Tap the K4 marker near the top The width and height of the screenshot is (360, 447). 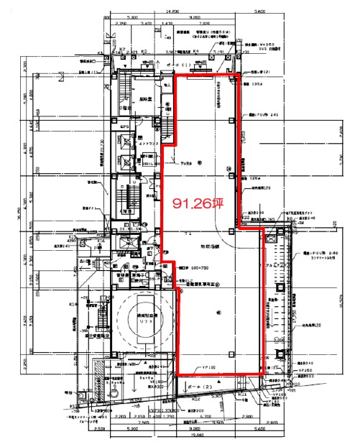[198, 52]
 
